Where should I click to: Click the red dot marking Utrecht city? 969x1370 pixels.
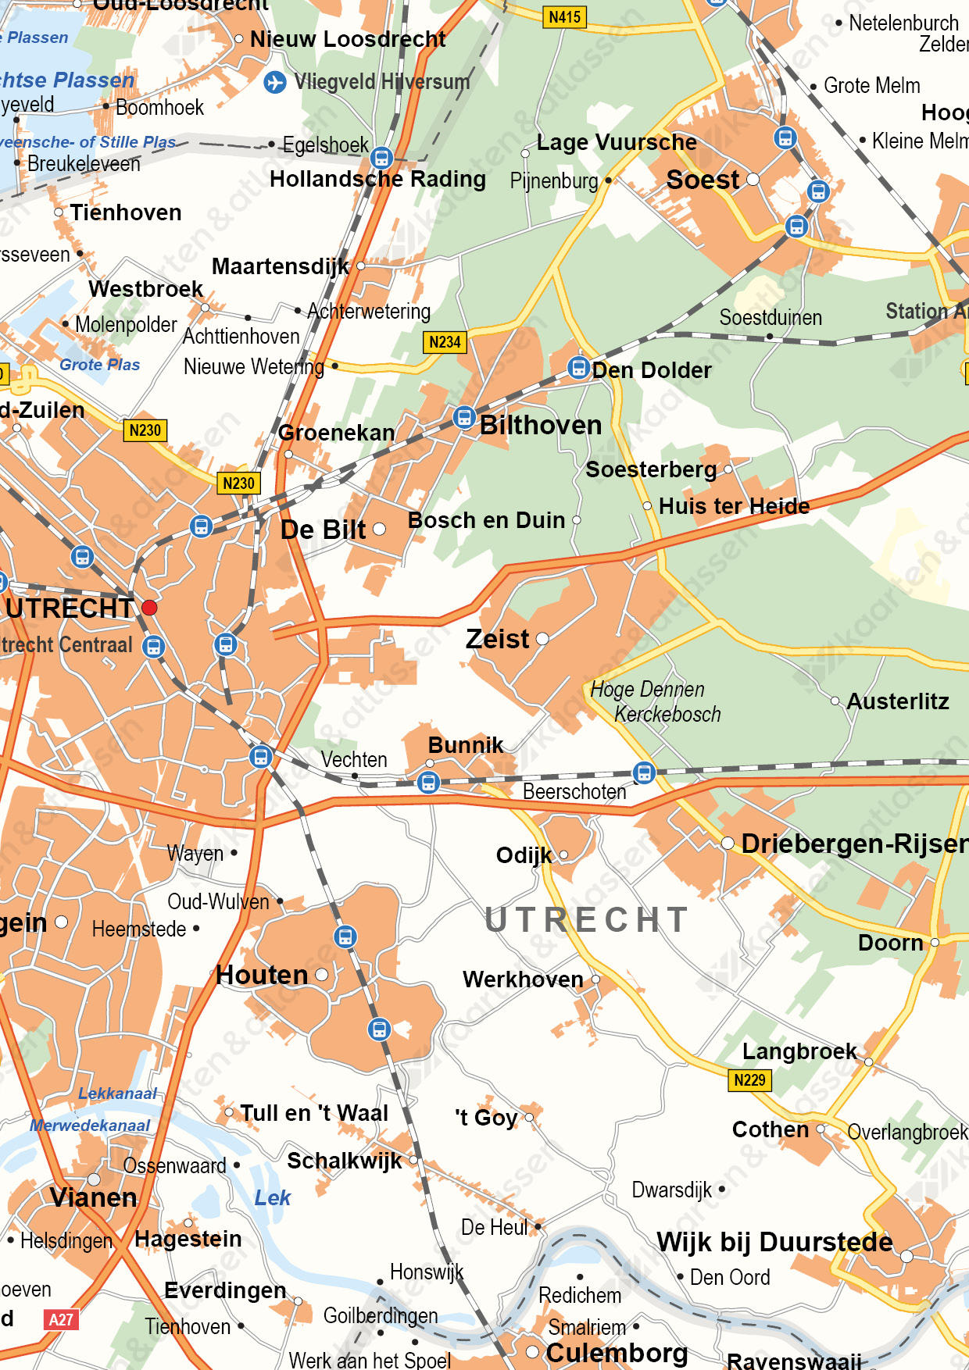[149, 608]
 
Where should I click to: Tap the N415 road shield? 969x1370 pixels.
[564, 16]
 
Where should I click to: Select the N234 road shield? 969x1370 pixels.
[445, 342]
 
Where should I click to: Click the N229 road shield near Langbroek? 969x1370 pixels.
[749, 1080]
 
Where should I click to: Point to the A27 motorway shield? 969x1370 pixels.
[61, 1320]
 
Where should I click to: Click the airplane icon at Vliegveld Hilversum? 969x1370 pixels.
[274, 81]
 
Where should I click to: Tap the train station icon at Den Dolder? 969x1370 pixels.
[578, 367]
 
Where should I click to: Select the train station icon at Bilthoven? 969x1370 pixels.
[464, 418]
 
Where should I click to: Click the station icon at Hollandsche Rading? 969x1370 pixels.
[381, 158]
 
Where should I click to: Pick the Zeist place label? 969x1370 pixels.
[498, 639]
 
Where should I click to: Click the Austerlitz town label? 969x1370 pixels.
[897, 701]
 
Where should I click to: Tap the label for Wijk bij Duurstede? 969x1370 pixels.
[774, 1242]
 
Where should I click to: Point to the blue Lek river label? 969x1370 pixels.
[272, 1197]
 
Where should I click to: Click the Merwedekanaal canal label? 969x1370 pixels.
[90, 1126]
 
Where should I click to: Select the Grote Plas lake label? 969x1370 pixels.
[99, 365]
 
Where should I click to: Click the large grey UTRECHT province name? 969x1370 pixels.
[586, 920]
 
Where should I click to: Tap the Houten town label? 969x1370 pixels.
[262, 975]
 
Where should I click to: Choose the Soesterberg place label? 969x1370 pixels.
[650, 469]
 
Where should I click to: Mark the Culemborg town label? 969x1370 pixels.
[617, 1353]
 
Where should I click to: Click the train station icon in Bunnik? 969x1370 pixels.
[428, 781]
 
